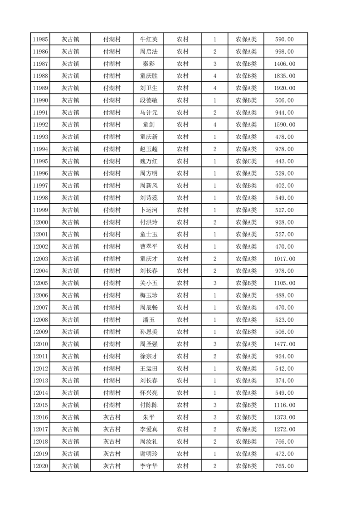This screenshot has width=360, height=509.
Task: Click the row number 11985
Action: point(41,39)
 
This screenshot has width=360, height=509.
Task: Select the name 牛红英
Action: point(149,39)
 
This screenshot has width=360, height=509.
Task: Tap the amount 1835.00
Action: point(285,76)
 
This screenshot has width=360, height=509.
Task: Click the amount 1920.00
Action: point(285,88)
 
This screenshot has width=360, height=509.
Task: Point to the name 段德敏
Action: point(149,101)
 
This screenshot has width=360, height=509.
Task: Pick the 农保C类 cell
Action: point(246,162)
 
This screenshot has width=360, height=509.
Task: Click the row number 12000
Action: point(41,222)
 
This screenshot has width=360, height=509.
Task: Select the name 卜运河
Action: point(149,210)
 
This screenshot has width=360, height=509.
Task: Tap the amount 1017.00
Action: point(285,259)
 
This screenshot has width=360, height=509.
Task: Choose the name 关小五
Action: point(149,283)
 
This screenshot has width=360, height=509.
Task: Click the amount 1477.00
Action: point(285,344)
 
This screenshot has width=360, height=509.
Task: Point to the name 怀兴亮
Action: point(149,393)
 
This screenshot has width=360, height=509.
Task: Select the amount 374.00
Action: point(285,381)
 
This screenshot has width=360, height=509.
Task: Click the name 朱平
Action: point(149,417)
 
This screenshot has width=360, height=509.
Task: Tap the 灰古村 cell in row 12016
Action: point(112,417)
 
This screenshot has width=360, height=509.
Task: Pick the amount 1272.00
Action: point(285,430)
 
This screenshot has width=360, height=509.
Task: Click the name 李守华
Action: point(149,466)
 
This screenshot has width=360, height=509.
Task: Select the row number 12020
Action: point(41,466)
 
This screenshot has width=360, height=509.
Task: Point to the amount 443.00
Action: point(285,162)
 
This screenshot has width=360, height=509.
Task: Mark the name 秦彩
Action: point(149,64)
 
